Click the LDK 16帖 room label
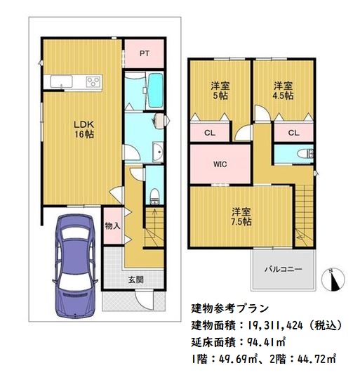(x=84, y=129)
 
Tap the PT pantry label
(x=145, y=53)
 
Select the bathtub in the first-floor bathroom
(x=155, y=90)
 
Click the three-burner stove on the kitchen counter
(x=93, y=81)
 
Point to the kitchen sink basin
(x=62, y=81)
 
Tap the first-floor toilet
(x=154, y=195)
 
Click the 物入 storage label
(x=112, y=226)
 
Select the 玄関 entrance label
(x=136, y=280)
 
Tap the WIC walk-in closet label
(x=220, y=164)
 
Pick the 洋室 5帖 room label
(x=220, y=91)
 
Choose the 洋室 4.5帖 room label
(x=283, y=91)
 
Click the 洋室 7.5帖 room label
(x=241, y=216)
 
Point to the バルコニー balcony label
(x=283, y=269)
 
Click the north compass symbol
(x=333, y=280)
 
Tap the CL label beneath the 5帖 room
(x=210, y=133)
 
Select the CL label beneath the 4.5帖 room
(x=293, y=133)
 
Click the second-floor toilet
(x=305, y=154)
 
